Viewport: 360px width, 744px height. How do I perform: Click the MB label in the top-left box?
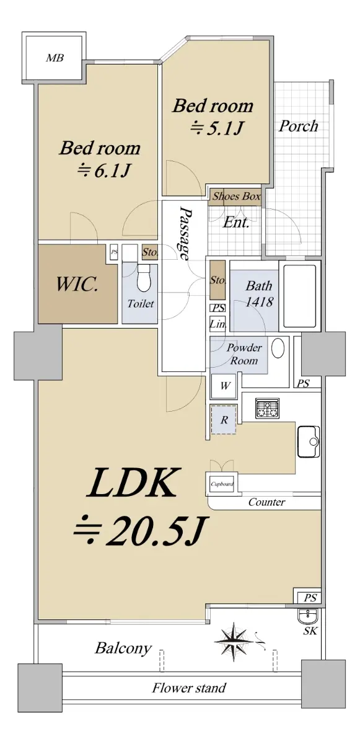(55, 58)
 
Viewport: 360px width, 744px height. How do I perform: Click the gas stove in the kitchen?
(268, 408)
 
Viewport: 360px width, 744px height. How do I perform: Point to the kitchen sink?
(309, 441)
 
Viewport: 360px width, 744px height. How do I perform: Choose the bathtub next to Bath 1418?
(299, 296)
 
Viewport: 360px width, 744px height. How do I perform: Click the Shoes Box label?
(237, 197)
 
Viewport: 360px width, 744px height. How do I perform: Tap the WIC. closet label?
(77, 285)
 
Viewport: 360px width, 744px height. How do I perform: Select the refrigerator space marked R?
(224, 420)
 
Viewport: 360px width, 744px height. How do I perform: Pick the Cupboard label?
(222, 484)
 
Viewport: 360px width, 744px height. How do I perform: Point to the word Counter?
(266, 502)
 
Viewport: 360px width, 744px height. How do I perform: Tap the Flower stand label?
(189, 688)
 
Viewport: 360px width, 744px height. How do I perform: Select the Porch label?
(298, 126)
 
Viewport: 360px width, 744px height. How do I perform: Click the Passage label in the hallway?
(185, 233)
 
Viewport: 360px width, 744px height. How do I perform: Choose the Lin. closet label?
(217, 324)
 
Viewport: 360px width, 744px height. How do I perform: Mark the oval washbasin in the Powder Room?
(278, 348)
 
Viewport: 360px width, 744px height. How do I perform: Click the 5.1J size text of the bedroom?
(217, 128)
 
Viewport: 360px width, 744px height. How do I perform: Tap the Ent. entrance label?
(236, 222)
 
